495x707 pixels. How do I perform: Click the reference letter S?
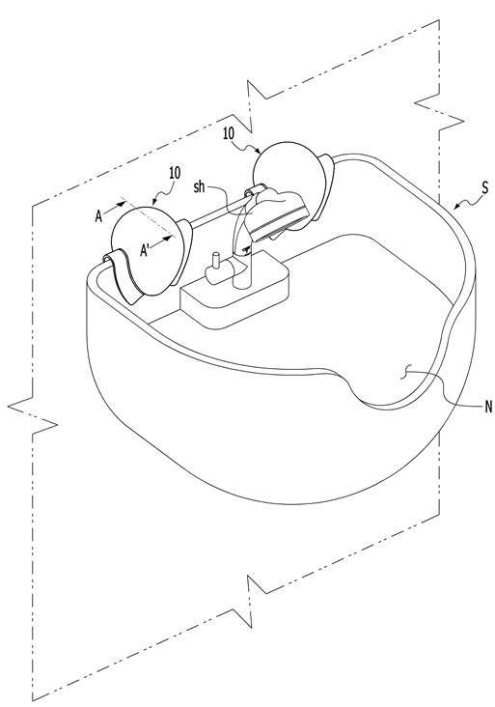click(x=484, y=187)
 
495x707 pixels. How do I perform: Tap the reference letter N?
click(x=488, y=408)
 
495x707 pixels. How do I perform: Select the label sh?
click(x=199, y=186)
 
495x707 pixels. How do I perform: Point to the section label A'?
click(x=146, y=250)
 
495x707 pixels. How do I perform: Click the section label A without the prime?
click(x=99, y=217)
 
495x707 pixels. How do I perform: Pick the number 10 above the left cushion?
click(x=175, y=173)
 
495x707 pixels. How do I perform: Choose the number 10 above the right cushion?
click(x=229, y=133)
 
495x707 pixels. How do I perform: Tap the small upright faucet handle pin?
click(x=216, y=261)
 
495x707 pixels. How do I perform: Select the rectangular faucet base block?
click(x=234, y=297)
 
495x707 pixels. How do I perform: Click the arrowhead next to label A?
click(x=122, y=205)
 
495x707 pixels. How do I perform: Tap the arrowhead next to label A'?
click(x=169, y=237)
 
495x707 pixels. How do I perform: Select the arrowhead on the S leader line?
click(x=456, y=207)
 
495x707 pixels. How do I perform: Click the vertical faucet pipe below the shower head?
click(x=242, y=264)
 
